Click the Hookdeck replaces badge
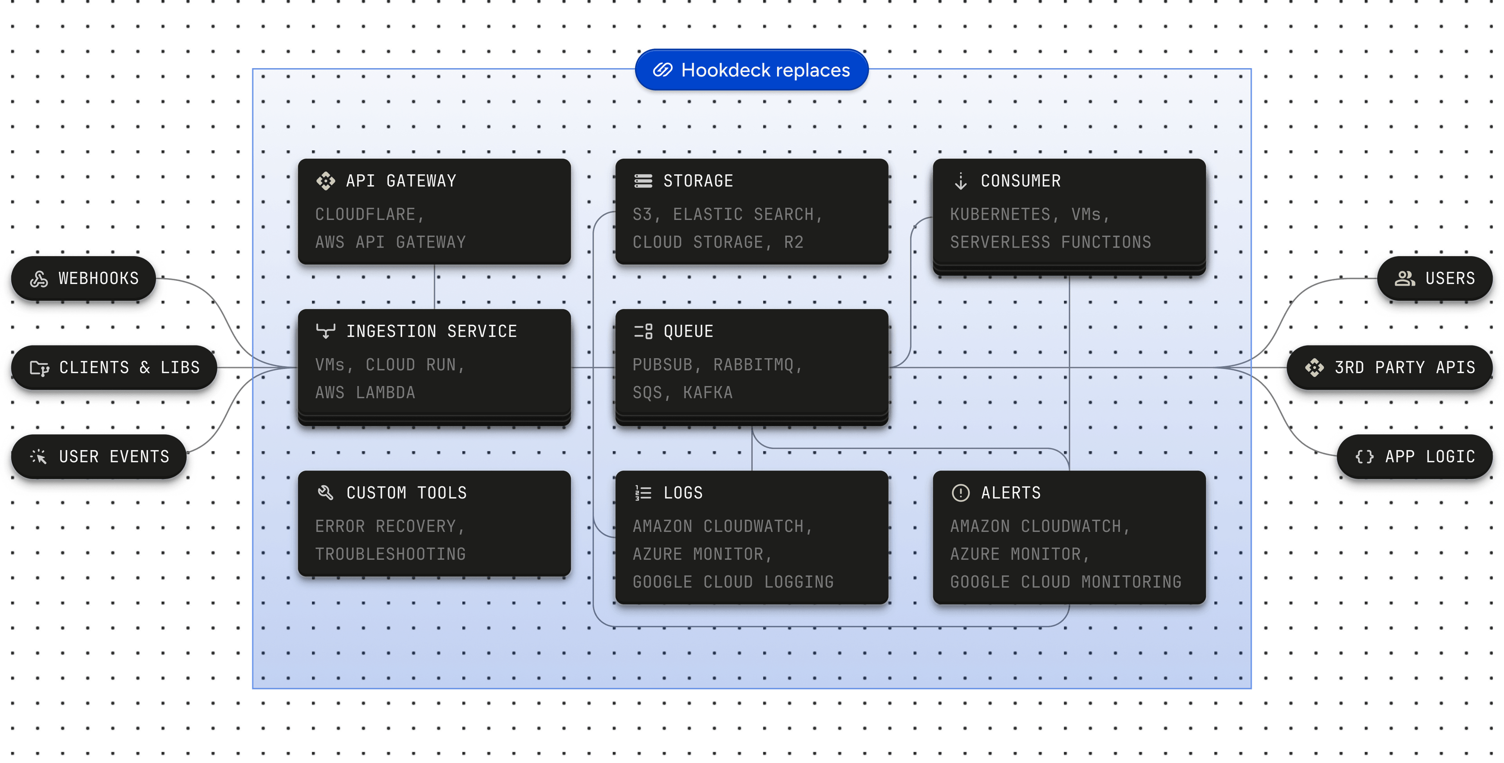752,71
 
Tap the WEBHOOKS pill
85,278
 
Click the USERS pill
1435,278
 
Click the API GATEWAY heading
401,181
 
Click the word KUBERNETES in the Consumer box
1000,215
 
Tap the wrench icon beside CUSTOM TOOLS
325,493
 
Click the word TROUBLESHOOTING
390,554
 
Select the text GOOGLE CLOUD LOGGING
733,582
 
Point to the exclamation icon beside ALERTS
960,493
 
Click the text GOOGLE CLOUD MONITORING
1065,582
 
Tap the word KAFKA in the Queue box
708,393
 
